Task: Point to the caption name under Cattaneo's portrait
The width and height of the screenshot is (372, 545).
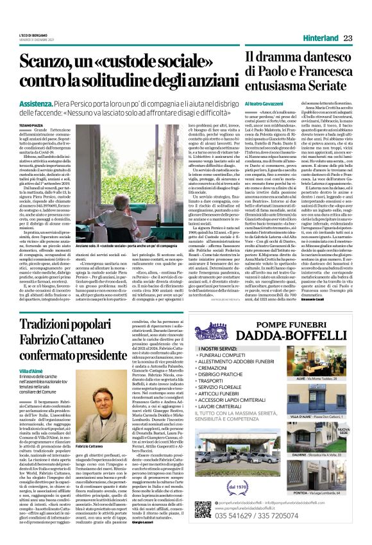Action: click(81, 446)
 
